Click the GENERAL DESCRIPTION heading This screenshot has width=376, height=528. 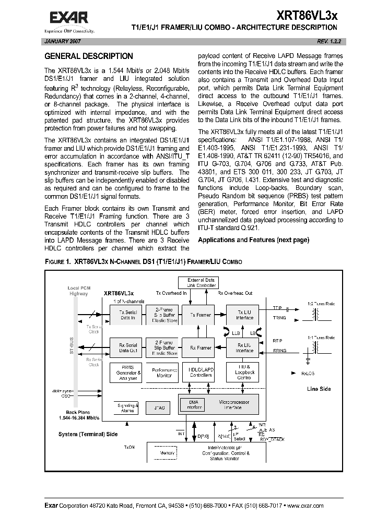tap(88, 56)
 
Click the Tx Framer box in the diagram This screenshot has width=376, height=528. tap(201, 315)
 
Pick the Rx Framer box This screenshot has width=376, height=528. tap(201, 347)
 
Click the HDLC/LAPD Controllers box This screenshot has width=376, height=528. tap(201, 373)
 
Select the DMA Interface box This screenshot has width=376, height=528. tap(194, 405)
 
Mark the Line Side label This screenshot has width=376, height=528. tap(319, 389)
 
